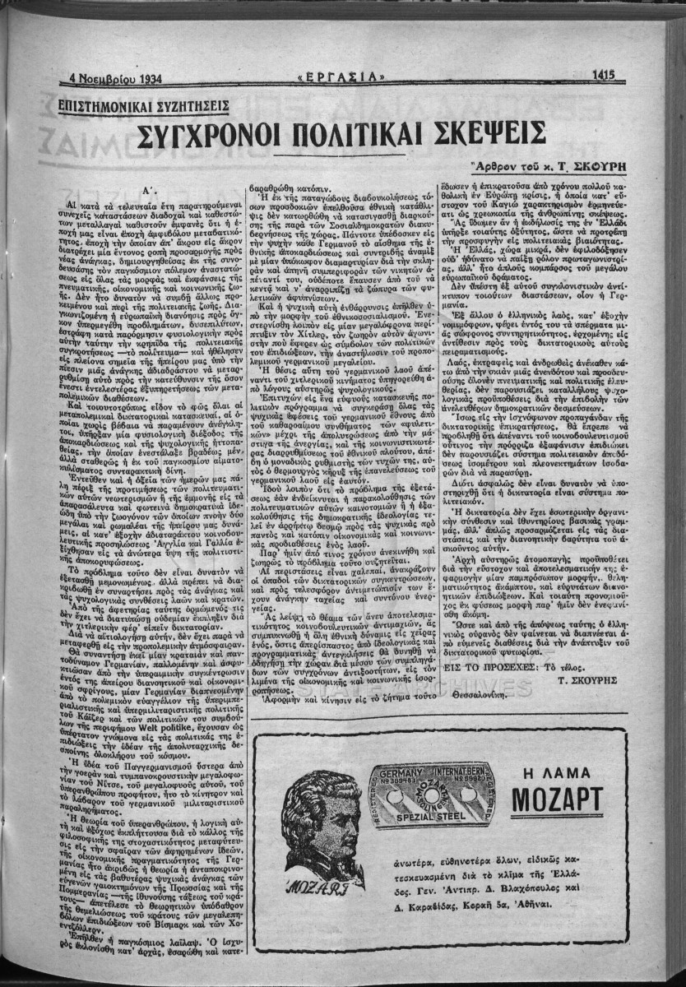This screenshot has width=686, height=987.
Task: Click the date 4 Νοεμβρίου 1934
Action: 114,81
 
